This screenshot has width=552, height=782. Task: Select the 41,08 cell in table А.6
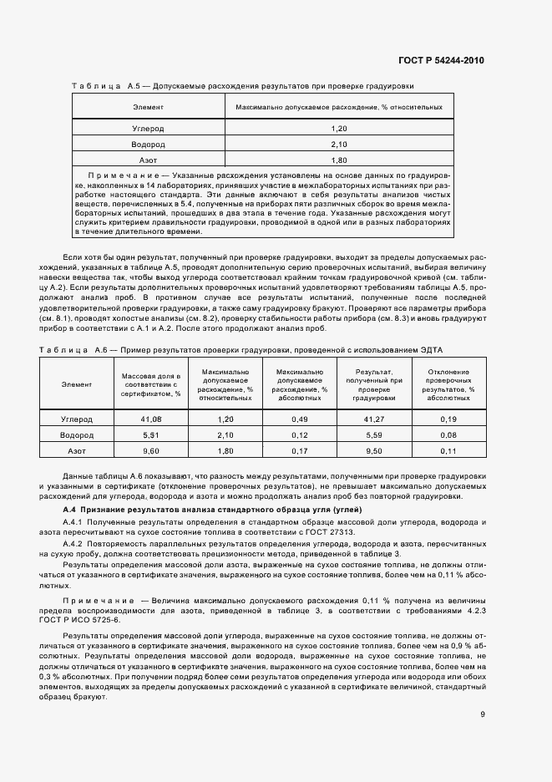(x=150, y=419)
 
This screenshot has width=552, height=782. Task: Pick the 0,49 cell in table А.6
(x=300, y=419)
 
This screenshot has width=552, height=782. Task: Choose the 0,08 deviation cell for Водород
(x=448, y=435)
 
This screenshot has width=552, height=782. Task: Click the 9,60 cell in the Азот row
(x=150, y=451)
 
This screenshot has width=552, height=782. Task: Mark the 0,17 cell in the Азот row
(x=300, y=451)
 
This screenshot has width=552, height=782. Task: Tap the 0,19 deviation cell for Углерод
(x=448, y=419)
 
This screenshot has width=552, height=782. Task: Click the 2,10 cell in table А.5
(x=338, y=144)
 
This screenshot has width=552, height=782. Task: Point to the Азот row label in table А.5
(x=148, y=160)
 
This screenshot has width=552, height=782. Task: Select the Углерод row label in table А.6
(x=77, y=419)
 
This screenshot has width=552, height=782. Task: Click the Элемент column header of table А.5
(x=148, y=108)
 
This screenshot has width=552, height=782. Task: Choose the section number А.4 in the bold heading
(x=70, y=510)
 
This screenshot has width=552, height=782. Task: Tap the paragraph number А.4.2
(x=77, y=542)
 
